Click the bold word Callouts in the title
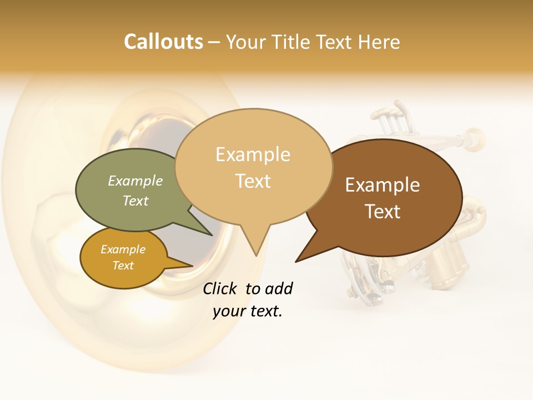pos(163,42)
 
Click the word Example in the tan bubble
pos(253,154)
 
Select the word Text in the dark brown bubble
pos(383,212)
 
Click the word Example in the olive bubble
pos(135,181)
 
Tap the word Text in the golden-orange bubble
pos(123,266)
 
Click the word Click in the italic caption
pos(220,288)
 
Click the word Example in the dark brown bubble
pos(383,185)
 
